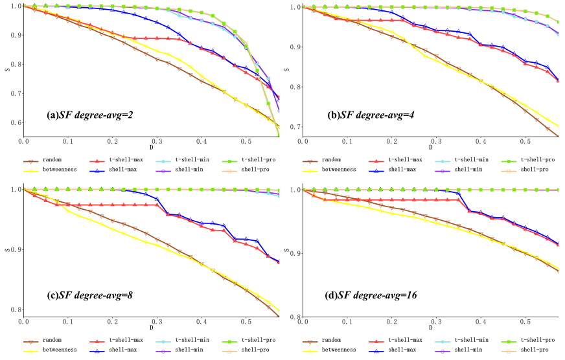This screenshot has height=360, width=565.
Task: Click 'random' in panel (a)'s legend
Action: [x=53, y=159]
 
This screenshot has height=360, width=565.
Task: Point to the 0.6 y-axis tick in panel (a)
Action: [x=14, y=122]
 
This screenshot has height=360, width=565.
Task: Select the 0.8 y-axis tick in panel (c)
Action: [x=14, y=309]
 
